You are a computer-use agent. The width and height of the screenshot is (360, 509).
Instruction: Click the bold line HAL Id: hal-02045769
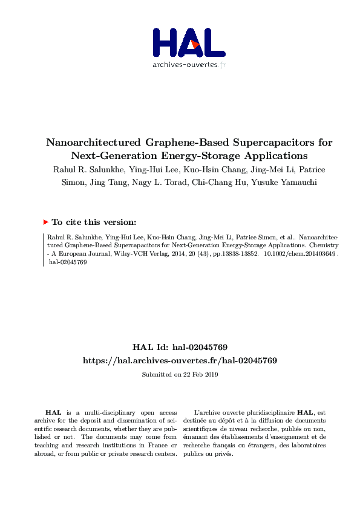(180, 348)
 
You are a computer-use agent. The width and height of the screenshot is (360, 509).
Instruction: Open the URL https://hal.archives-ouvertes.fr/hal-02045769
(180, 360)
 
